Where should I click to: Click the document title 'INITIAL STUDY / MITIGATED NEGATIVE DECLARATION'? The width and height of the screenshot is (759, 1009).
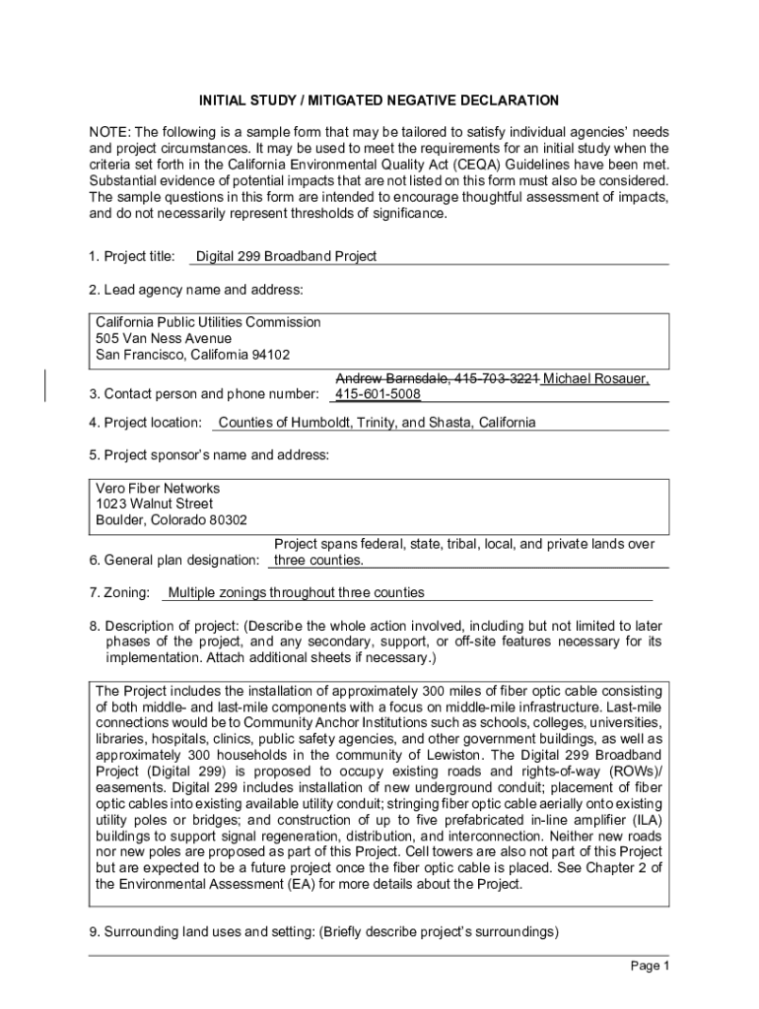379,101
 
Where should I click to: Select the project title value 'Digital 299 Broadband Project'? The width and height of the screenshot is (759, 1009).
286,256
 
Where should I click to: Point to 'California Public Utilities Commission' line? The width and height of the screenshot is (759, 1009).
208,322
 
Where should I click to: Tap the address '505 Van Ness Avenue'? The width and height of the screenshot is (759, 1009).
164,338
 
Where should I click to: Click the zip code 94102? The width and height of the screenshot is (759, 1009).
270,354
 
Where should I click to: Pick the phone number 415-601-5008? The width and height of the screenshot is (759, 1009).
378,394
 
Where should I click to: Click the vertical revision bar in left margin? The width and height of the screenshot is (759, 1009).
46,385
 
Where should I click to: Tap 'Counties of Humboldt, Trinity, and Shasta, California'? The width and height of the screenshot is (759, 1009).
377,423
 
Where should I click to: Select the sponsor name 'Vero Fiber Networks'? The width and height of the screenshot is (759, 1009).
158,488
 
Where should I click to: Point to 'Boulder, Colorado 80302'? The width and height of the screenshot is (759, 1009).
172,519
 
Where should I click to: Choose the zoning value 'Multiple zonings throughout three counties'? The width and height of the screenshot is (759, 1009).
297,592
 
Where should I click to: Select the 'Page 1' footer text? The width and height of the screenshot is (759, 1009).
650,966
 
